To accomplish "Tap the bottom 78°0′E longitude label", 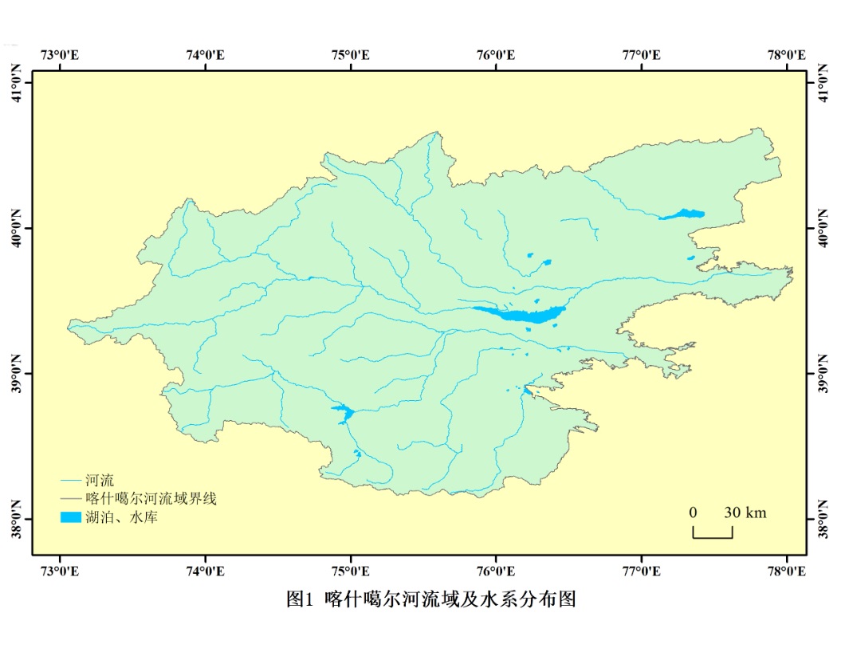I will click(786, 571).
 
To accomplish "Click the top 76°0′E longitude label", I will click(496, 55).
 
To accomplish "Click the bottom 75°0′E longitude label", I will click(351, 571).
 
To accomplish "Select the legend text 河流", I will click(100, 481).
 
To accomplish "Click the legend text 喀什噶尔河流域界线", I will click(151, 499).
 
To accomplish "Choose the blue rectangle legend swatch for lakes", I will click(71, 517).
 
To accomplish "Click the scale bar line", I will click(712, 536).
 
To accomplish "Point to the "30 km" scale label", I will click(745, 513).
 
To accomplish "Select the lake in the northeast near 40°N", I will click(683, 214).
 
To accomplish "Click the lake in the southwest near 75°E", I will click(343, 412).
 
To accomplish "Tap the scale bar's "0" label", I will click(694, 513).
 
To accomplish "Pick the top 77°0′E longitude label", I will click(641, 55).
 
